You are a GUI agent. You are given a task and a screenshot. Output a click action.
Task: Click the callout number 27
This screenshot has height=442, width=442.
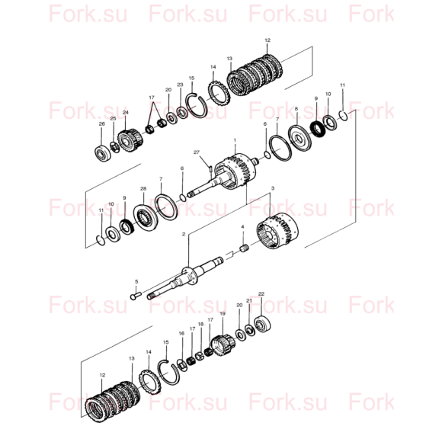click(196, 152)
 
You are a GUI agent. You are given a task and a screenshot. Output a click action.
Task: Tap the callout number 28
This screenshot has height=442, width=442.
click(143, 188)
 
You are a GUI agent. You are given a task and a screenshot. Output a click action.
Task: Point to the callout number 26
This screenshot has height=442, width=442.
click(102, 123)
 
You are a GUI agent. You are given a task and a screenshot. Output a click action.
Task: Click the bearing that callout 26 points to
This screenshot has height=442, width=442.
click(103, 154)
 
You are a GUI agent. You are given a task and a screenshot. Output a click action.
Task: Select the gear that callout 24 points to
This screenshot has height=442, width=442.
click(130, 139)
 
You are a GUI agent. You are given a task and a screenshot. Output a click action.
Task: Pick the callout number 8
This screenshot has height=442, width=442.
click(296, 109)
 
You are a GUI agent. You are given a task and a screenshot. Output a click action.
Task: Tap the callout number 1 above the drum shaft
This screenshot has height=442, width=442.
click(235, 140)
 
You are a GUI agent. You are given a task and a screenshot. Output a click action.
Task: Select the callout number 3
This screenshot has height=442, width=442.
click(273, 188)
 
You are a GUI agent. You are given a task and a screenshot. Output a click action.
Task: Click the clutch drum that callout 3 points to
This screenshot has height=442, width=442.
click(277, 231)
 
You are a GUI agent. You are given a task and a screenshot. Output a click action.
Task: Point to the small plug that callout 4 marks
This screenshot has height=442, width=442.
click(245, 248)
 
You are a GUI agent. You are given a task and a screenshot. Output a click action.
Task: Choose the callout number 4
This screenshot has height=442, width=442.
click(242, 227)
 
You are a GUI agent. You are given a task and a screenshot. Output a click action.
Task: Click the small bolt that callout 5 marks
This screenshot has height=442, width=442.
click(136, 296)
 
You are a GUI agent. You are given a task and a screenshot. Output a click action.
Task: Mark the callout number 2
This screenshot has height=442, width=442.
click(184, 234)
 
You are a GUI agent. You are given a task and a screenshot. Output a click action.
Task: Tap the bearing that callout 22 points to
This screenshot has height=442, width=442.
click(263, 324)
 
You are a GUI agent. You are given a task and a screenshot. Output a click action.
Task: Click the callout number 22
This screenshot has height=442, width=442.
click(261, 293)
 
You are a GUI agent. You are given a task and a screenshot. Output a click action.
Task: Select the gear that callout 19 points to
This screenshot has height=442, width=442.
click(223, 344)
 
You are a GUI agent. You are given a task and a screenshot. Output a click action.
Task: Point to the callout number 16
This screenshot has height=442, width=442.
click(181, 334)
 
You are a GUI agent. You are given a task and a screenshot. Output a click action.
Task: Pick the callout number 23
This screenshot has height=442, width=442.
click(180, 85)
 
